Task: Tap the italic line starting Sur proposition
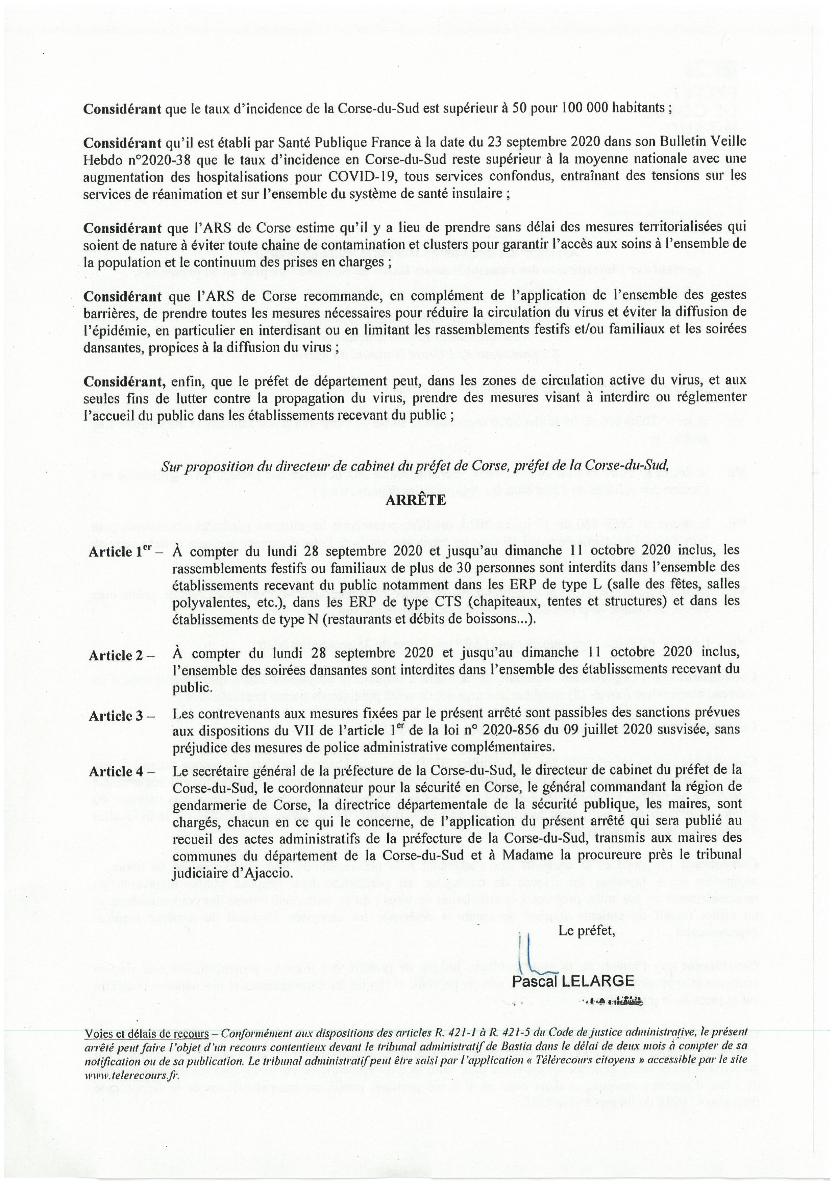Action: (x=415, y=466)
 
